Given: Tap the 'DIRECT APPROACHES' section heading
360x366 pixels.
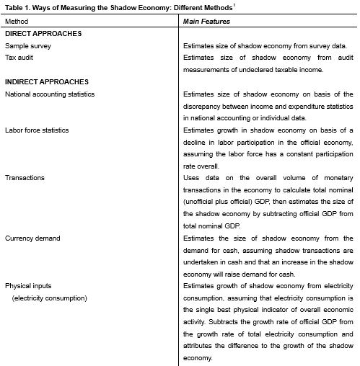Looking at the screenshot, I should click(x=43, y=33).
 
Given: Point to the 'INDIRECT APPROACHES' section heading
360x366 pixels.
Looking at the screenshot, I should click(x=46, y=81).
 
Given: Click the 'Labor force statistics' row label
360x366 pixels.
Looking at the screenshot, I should click(x=38, y=130).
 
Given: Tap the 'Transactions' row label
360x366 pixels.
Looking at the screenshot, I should click(x=25, y=177).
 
